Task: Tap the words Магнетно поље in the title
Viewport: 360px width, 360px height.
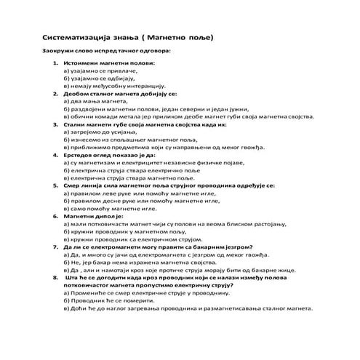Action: click(182, 36)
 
